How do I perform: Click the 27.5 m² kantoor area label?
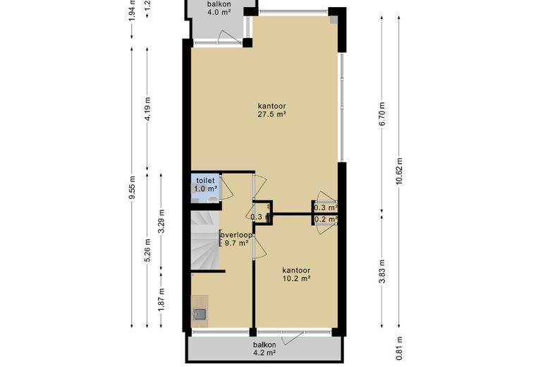click(x=272, y=110)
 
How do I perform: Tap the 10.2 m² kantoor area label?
click(x=296, y=275)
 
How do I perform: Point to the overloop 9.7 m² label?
click(x=236, y=239)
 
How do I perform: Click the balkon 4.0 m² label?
click(x=219, y=8)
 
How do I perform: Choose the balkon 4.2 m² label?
click(x=265, y=349)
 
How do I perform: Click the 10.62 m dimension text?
click(x=399, y=171)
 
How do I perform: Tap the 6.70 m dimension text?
click(x=382, y=114)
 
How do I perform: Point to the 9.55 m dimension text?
click(x=133, y=187)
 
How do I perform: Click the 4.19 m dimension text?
click(x=147, y=109)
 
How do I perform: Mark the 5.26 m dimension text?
click(x=147, y=250)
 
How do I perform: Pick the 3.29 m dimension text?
click(x=161, y=221)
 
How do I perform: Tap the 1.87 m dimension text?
click(x=161, y=299)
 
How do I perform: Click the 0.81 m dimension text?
click(x=399, y=349)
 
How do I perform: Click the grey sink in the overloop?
click(x=200, y=313)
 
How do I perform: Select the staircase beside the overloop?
click(x=204, y=240)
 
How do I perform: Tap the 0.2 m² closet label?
click(x=326, y=220)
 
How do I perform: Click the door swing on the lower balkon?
click(x=292, y=337)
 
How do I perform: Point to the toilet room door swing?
click(x=226, y=188)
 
